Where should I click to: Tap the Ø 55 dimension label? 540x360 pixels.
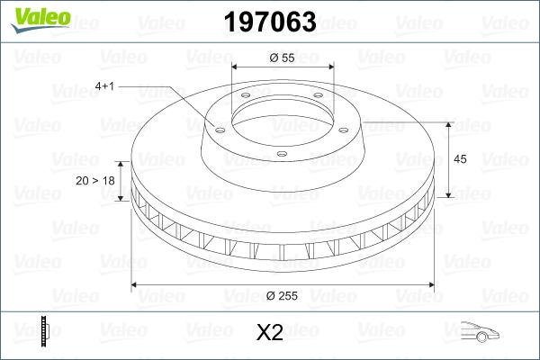281,57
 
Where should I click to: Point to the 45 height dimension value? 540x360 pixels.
460,159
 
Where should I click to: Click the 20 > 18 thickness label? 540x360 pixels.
96,180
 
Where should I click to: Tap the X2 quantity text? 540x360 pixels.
270,333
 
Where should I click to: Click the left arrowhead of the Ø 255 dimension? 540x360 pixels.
137,285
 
